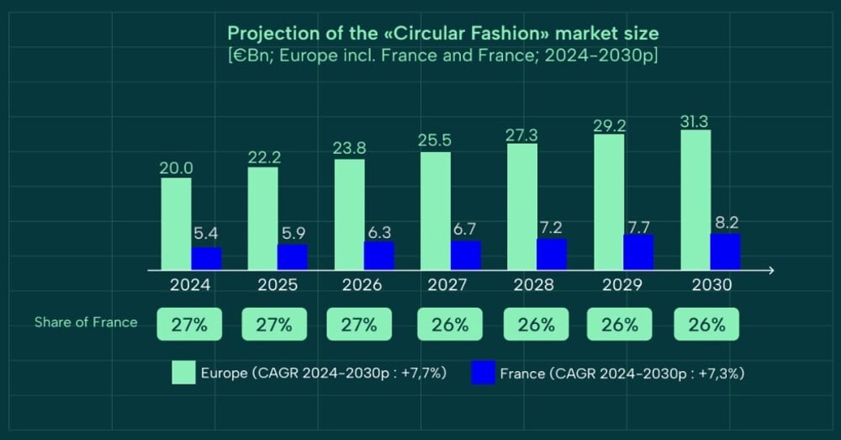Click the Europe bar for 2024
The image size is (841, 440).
177,224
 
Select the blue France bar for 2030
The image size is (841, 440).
726,252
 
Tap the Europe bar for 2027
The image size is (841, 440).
436,210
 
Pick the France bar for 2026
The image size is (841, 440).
379,256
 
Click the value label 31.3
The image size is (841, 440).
696,121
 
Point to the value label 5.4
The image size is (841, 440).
206,236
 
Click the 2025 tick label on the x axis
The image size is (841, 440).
277,285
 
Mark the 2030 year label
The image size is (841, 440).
711,285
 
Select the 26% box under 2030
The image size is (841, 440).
706,325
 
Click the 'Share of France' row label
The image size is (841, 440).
86,322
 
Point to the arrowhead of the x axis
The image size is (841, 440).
770,270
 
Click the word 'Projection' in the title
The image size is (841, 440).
268,34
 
